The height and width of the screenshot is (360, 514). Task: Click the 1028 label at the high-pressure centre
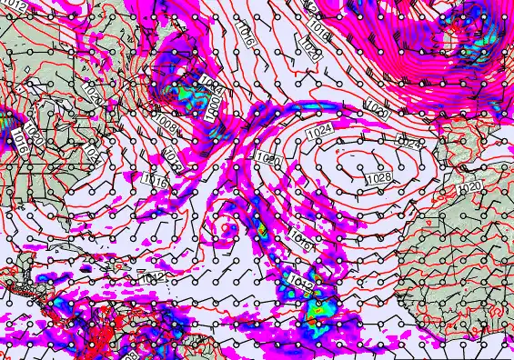[380, 179]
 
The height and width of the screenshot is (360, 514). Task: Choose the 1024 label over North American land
[95, 153]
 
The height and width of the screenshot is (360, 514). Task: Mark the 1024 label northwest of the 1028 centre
[318, 134]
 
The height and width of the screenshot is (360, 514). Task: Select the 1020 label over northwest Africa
[470, 187]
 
